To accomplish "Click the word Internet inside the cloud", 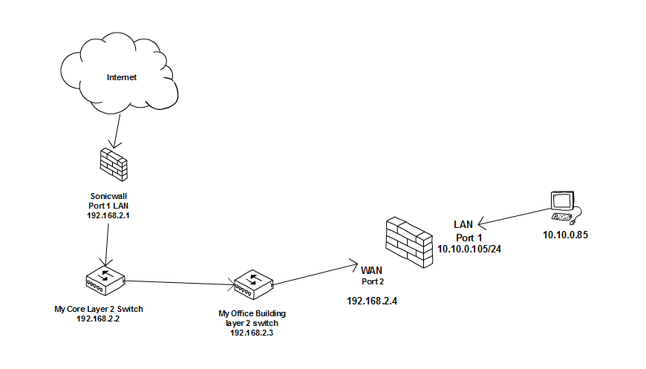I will click(x=122, y=77).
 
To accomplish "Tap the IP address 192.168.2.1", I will click(x=109, y=215).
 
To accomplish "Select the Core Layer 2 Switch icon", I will click(x=105, y=278).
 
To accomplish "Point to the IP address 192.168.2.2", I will click(x=98, y=318).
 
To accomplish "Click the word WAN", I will click(x=371, y=269).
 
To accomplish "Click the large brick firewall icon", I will click(x=408, y=242).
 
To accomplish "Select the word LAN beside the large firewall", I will click(x=463, y=224).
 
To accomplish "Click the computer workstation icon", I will click(x=562, y=207).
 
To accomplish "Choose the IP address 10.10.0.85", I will click(x=564, y=235).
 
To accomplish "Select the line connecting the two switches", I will click(x=179, y=281).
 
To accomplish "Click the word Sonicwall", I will click(x=108, y=197).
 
